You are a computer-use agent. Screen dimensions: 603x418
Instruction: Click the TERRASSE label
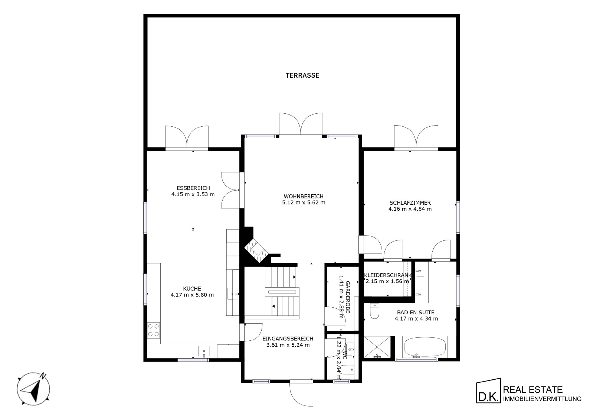click(302, 75)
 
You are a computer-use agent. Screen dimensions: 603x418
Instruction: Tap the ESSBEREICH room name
click(193, 188)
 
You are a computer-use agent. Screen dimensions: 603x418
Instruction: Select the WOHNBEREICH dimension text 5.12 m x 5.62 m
click(304, 202)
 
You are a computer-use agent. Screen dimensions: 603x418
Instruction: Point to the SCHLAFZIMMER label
click(410, 202)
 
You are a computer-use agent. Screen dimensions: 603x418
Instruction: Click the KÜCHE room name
click(192, 288)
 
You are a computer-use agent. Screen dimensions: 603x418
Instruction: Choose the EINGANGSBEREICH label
click(288, 338)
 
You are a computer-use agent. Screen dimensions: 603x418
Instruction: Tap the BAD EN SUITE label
click(416, 312)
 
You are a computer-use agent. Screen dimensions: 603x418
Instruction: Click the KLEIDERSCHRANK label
click(388, 275)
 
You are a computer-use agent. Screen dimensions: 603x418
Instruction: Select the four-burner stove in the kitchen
click(154, 330)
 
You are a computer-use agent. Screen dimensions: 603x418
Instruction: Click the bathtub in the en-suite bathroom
click(425, 347)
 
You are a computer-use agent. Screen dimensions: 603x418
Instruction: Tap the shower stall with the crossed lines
click(377, 347)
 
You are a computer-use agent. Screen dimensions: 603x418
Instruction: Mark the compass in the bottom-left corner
click(33, 389)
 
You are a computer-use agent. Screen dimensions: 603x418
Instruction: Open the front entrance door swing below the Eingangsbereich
click(301, 394)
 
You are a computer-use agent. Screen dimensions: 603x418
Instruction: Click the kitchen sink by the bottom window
click(204, 351)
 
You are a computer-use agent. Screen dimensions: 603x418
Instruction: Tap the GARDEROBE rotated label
click(348, 297)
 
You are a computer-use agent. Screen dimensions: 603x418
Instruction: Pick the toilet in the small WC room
click(351, 369)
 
